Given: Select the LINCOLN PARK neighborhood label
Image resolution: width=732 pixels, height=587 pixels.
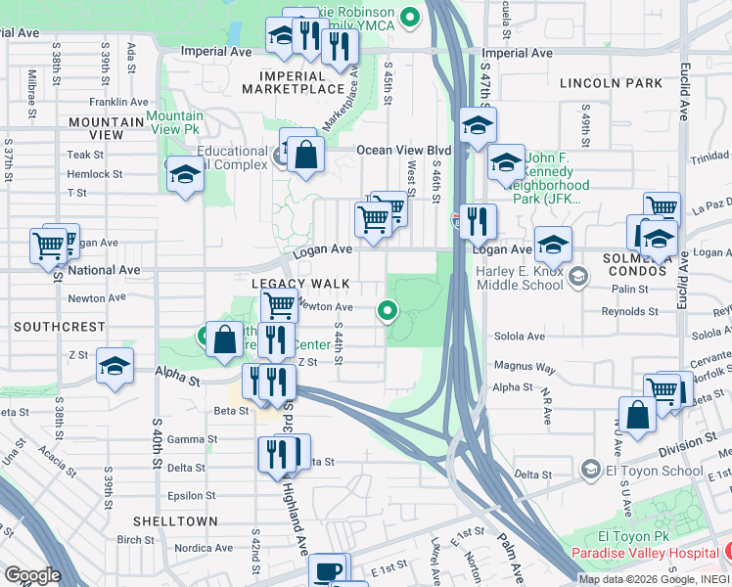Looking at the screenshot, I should click(612, 83).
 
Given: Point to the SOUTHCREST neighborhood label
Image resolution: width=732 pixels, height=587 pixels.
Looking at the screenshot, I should click(53, 325).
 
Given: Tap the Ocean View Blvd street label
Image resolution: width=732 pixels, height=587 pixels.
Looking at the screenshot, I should click(403, 150).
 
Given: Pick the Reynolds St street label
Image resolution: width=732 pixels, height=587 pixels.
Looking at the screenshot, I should click(629, 312).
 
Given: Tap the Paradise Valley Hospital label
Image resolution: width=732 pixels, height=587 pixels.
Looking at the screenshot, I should click(651, 553).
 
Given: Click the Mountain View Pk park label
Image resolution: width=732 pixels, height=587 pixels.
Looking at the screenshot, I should click(173, 122).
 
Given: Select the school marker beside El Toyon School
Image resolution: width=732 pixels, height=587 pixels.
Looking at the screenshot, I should click(591, 471).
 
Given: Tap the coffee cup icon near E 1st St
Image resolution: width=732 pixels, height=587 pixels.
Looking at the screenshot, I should click(328, 570).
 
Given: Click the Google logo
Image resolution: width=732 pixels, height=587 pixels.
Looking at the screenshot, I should click(32, 575).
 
